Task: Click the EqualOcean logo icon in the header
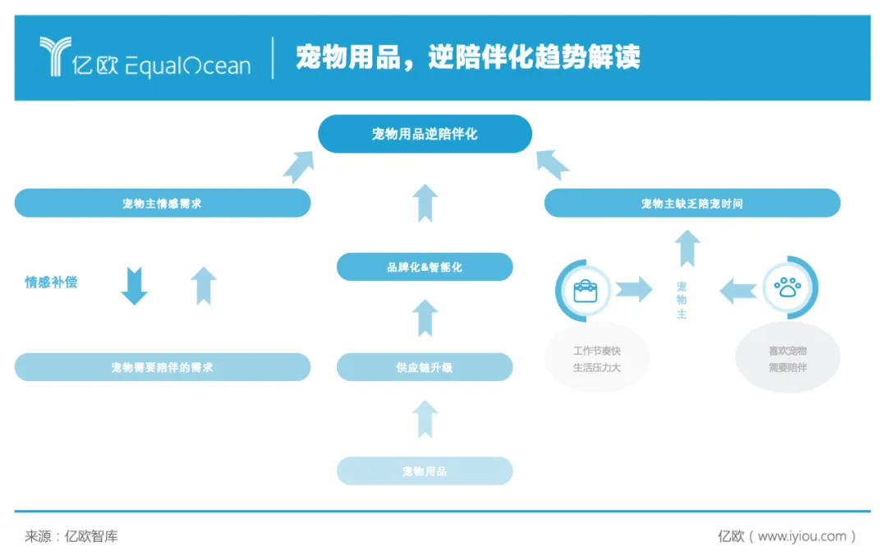tap(56, 57)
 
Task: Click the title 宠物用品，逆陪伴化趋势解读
tap(468, 57)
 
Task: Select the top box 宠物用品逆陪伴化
tap(425, 134)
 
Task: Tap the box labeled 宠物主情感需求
tap(163, 203)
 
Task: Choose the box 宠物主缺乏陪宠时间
tap(692, 203)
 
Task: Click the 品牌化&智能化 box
tap(425, 267)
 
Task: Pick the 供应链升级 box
tap(425, 367)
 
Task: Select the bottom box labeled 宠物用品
tap(425, 470)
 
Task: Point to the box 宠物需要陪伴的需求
tap(163, 367)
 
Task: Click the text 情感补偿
tap(51, 282)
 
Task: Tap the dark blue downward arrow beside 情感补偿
tap(134, 286)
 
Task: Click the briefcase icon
tap(585, 290)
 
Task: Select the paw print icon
tap(788, 288)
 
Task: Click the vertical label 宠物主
tap(682, 300)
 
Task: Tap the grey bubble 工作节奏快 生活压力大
tap(597, 359)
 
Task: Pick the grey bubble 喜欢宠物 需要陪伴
tap(788, 359)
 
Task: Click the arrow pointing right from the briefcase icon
tap(633, 289)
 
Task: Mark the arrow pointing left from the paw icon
tap(738, 290)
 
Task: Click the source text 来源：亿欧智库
tap(71, 536)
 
